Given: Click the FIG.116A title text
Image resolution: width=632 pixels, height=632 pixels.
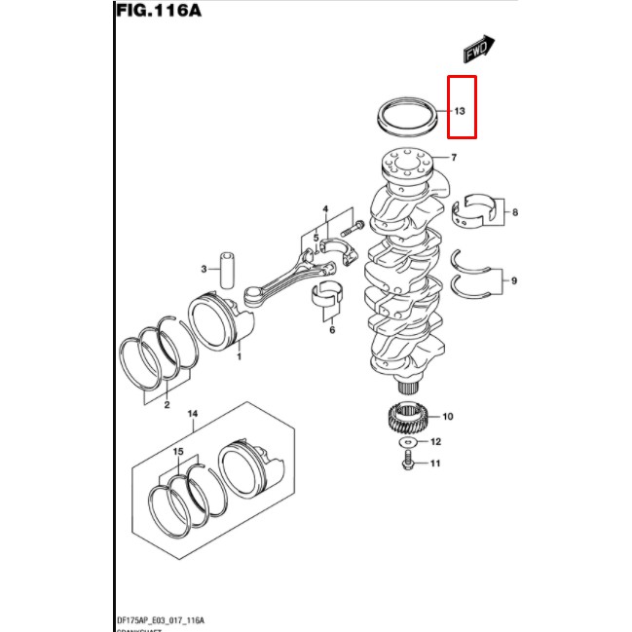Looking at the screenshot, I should (x=159, y=14).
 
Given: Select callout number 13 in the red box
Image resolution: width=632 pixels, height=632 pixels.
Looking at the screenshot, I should (x=460, y=112).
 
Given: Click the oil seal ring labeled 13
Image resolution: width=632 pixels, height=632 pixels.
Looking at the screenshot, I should (x=407, y=115).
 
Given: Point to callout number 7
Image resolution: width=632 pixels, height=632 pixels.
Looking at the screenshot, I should (x=454, y=157).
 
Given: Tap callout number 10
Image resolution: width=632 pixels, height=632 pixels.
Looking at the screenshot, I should (x=448, y=417).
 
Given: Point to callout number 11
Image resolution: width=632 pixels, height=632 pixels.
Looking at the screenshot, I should (x=435, y=464).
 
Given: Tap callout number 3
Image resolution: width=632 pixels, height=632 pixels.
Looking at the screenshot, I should (x=204, y=269).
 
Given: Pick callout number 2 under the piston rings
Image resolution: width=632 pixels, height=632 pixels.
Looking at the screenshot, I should (x=167, y=404).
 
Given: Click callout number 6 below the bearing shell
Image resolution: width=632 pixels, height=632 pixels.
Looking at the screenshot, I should (x=331, y=330).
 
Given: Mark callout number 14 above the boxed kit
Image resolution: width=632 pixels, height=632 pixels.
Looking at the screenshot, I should (x=192, y=414).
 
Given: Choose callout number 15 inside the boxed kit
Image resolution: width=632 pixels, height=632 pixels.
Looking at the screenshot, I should (x=178, y=452).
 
